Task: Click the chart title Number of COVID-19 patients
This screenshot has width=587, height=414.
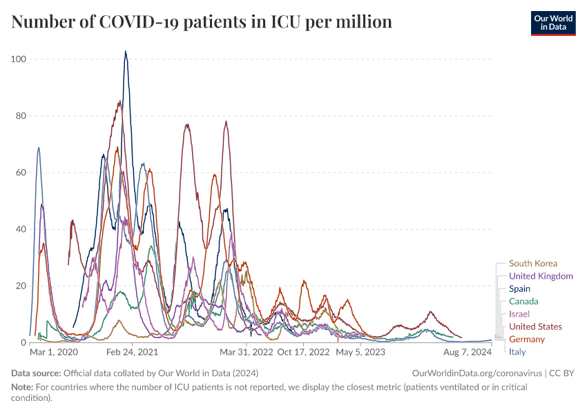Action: [202, 22]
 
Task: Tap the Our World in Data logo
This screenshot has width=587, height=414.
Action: [552, 22]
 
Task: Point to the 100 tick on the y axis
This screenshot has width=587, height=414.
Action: [19, 59]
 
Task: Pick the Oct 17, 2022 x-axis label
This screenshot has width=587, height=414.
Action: [303, 352]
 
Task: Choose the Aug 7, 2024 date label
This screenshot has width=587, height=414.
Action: [468, 352]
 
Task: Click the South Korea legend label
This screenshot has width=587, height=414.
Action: [532, 264]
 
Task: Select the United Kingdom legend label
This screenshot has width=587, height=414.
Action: [541, 276]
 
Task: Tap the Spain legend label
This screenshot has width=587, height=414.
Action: [519, 289]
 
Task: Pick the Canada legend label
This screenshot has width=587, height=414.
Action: [523, 302]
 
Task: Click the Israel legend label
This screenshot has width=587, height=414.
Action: [519, 314]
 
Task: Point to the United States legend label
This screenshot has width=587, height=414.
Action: [535, 326]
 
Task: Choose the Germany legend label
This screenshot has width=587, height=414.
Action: [526, 339]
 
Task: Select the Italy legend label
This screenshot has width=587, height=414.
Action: [517, 352]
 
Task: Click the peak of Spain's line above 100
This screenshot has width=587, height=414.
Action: [126, 52]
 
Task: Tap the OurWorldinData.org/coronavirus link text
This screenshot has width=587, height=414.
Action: [477, 373]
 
